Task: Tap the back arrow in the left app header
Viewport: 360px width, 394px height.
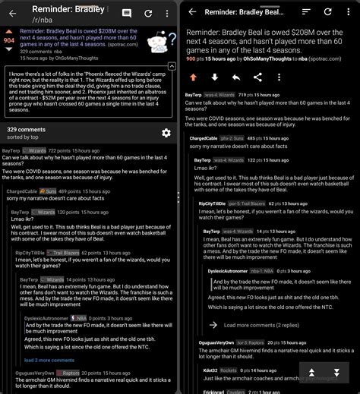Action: coord(11,13)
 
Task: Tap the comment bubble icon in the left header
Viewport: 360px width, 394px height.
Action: coord(127,13)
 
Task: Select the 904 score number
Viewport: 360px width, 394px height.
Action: coord(8,39)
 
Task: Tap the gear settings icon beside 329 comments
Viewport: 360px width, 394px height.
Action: coord(166,133)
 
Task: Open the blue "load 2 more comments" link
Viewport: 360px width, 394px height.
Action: coord(50,360)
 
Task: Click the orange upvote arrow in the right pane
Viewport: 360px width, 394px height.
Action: coord(193,77)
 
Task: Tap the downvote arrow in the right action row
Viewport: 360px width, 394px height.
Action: coord(215,77)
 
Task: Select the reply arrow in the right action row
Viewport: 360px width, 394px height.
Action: coord(236,77)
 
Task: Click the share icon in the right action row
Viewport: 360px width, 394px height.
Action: coord(258,77)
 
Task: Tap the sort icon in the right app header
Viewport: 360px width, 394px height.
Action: coord(306,13)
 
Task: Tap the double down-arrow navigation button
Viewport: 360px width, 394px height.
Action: coord(336,373)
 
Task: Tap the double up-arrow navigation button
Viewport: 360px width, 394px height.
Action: coord(311,373)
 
